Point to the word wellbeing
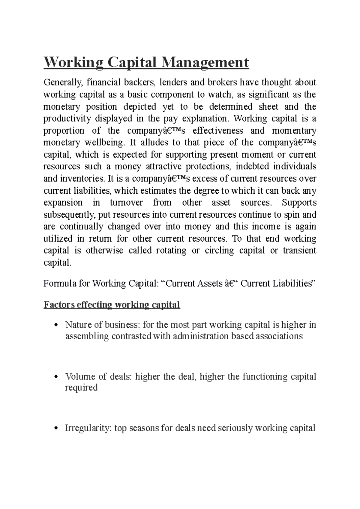coord(104,143)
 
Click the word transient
coord(299,251)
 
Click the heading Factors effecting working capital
coord(112,305)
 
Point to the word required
coord(81,388)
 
